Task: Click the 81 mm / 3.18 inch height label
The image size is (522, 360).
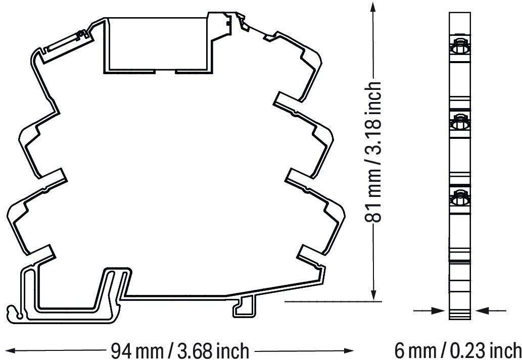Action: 373,151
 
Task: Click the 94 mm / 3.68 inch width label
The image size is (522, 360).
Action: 180,350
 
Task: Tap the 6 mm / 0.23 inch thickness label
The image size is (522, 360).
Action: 458,350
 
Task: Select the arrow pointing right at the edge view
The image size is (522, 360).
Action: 429,311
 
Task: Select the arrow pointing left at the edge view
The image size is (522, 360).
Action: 491,311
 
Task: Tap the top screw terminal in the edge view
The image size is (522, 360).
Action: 460,48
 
